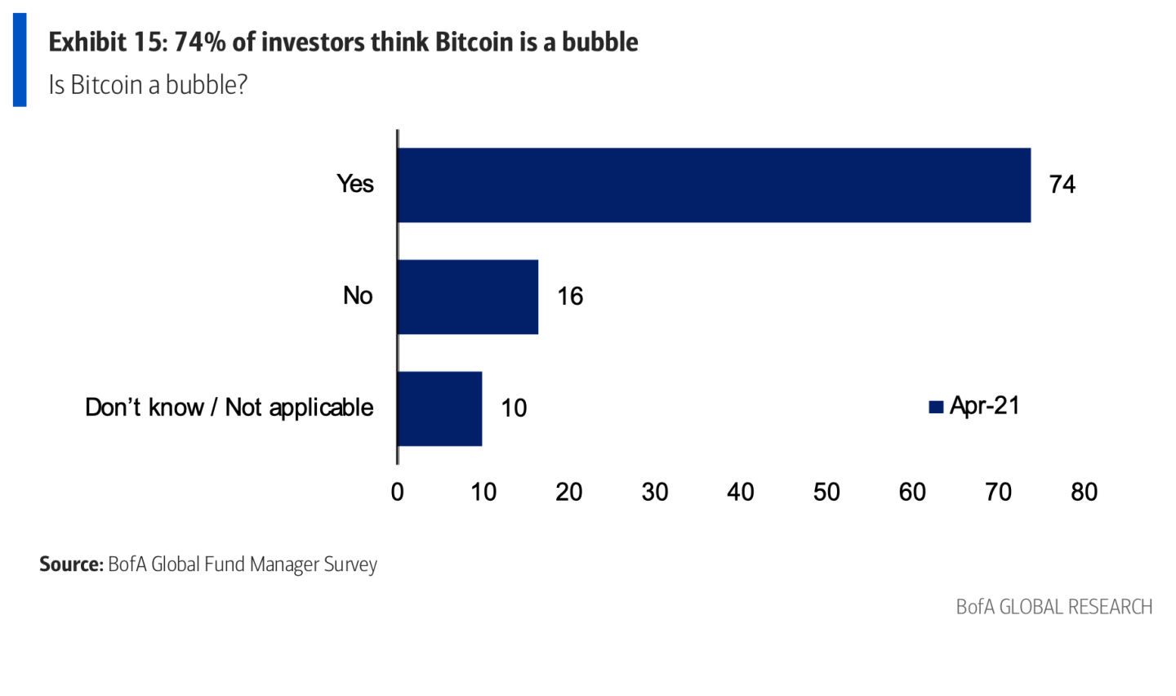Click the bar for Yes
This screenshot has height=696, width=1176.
coord(714,185)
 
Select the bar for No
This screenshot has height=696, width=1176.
coord(468,297)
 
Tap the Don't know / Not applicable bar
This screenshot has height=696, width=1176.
coord(439,408)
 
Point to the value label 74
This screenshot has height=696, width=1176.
coord(1062,185)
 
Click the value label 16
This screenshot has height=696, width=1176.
coord(570,297)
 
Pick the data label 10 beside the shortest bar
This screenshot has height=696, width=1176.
coord(514,408)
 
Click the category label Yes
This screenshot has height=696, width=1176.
coord(355,184)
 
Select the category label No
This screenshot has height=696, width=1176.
coord(358,296)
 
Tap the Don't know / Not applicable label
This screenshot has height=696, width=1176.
coord(229,408)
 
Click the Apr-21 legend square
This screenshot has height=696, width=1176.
coord(936,407)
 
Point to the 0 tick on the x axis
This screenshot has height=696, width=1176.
coord(398,492)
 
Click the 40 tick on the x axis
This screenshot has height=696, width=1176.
coord(741,492)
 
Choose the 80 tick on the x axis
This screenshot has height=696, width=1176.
coord(1084,492)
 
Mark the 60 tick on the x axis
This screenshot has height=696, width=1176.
coord(912,492)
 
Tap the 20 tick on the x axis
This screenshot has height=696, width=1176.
coord(569,492)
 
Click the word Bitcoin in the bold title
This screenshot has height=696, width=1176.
coord(473,42)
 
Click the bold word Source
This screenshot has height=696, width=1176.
coord(71,564)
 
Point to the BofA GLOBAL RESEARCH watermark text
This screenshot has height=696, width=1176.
coord(1053,607)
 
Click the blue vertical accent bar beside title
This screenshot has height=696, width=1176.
coord(20,60)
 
